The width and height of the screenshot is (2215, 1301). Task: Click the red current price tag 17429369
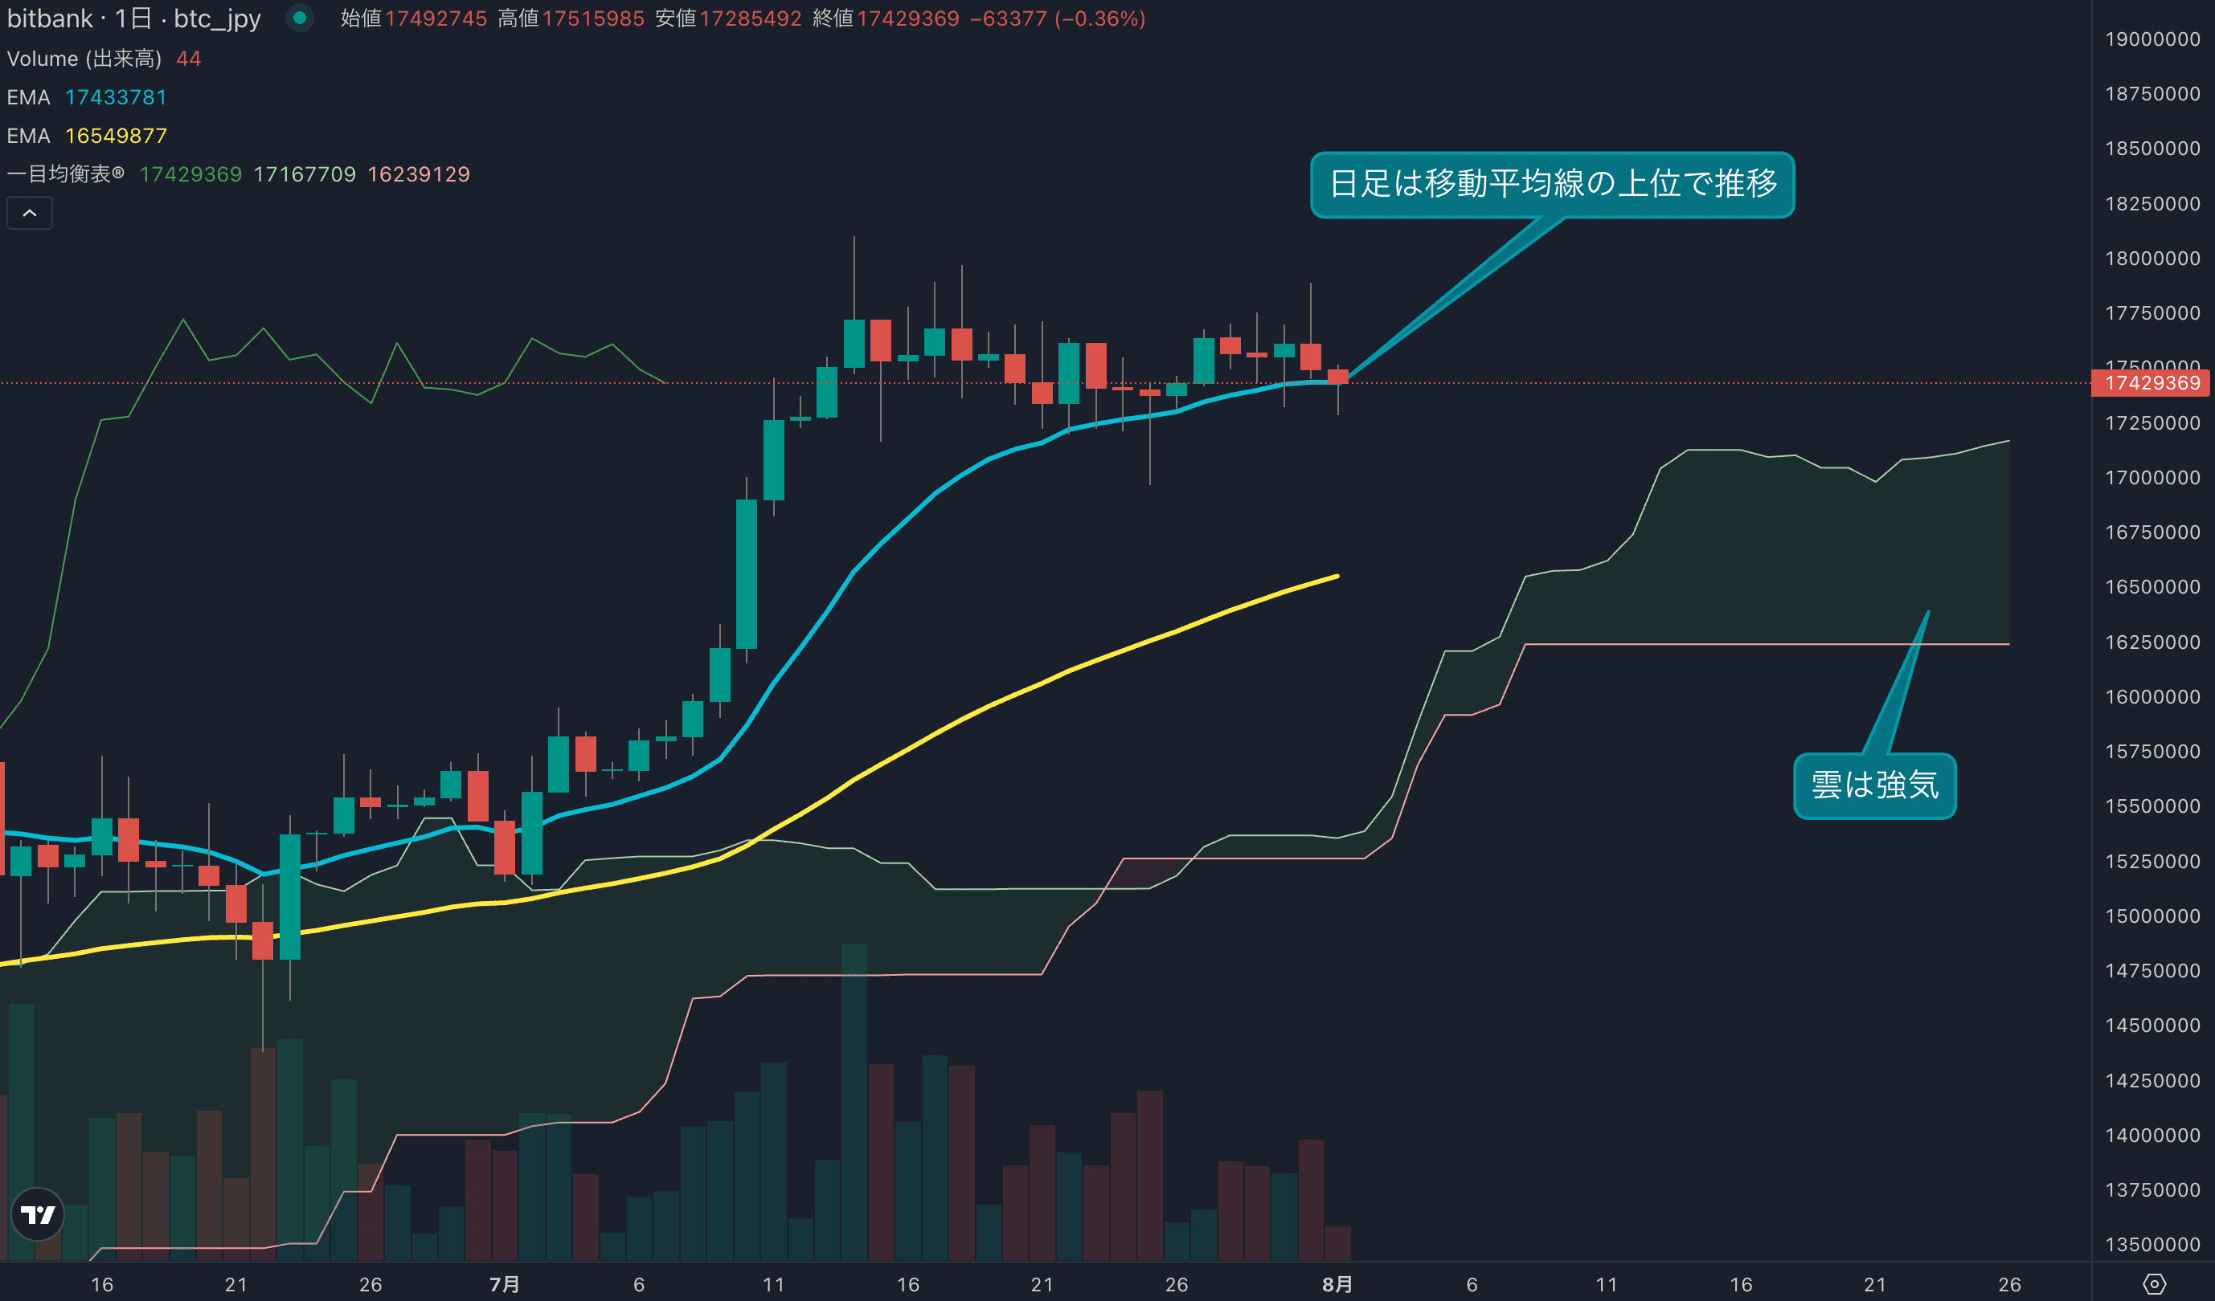click(x=2152, y=383)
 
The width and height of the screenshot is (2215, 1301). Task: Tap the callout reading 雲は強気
click(x=1874, y=785)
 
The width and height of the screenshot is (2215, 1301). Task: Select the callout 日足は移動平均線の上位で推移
click(x=1552, y=185)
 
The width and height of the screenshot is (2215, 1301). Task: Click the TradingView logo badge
click(x=38, y=1214)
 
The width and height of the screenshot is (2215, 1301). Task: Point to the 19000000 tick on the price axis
click(x=2152, y=39)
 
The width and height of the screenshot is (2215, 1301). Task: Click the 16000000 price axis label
click(x=2152, y=696)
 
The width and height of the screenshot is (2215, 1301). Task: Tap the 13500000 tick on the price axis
click(x=2152, y=1244)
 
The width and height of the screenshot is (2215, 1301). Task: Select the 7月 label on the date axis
click(x=505, y=1284)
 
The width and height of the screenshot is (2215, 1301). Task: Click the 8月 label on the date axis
click(x=1337, y=1284)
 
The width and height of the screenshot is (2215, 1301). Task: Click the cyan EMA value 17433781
click(x=116, y=97)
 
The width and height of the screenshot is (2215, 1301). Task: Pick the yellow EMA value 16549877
click(x=116, y=137)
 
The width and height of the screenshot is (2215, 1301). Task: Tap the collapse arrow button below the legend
click(x=30, y=214)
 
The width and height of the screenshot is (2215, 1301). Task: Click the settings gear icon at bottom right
click(x=2153, y=1284)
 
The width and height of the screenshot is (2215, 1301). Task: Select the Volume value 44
click(x=188, y=59)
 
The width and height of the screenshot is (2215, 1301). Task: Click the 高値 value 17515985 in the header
click(x=593, y=18)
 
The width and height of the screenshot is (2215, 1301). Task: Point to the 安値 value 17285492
click(x=750, y=18)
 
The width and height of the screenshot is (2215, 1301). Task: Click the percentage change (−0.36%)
click(x=1099, y=18)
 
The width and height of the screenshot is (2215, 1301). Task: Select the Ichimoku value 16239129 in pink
click(x=419, y=175)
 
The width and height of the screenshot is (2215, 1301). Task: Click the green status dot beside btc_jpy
click(x=300, y=18)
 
